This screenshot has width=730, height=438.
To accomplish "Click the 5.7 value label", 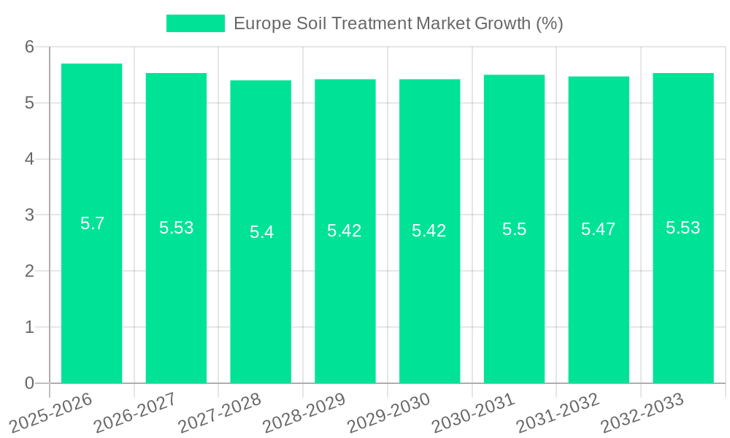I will click(92, 223).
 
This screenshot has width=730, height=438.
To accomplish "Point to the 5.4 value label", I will click(261, 232).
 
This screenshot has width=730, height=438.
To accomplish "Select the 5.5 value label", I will click(514, 229).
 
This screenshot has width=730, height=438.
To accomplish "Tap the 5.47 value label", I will click(599, 229).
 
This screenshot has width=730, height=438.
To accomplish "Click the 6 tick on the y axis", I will click(30, 47).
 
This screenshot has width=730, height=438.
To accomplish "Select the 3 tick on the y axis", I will click(30, 215).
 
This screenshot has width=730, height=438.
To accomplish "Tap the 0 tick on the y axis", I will click(30, 383).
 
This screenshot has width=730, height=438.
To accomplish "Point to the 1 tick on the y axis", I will click(30, 327).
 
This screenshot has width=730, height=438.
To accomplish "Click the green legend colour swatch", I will click(195, 23).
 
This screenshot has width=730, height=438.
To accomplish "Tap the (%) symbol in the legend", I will click(549, 23).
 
